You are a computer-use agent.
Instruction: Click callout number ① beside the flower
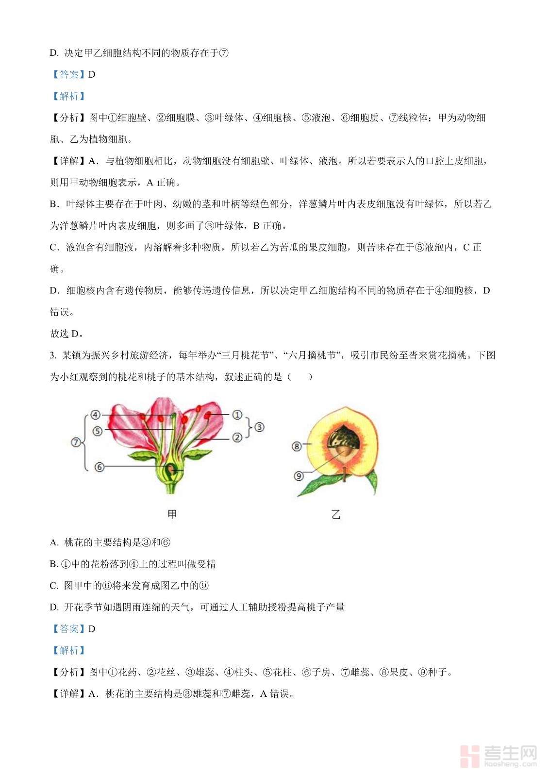click(x=237, y=415)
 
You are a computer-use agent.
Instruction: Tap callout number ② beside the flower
click(x=237, y=438)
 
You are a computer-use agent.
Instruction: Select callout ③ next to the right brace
click(x=260, y=427)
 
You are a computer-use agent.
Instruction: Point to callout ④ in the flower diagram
click(x=96, y=415)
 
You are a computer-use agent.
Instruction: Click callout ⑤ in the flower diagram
click(x=98, y=431)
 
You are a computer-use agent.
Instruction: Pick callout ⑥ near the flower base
click(x=100, y=467)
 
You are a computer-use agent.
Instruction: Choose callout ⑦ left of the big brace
click(x=76, y=442)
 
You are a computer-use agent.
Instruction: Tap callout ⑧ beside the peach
click(x=297, y=446)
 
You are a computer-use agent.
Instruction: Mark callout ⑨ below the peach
click(x=299, y=476)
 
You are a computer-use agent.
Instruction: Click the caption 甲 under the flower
click(x=172, y=514)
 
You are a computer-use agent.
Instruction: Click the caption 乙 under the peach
click(x=336, y=514)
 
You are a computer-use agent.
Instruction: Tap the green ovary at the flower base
click(x=172, y=470)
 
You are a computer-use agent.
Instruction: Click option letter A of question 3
click(x=54, y=542)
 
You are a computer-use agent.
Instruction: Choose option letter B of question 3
click(x=53, y=564)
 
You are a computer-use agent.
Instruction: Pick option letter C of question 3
click(x=54, y=586)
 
